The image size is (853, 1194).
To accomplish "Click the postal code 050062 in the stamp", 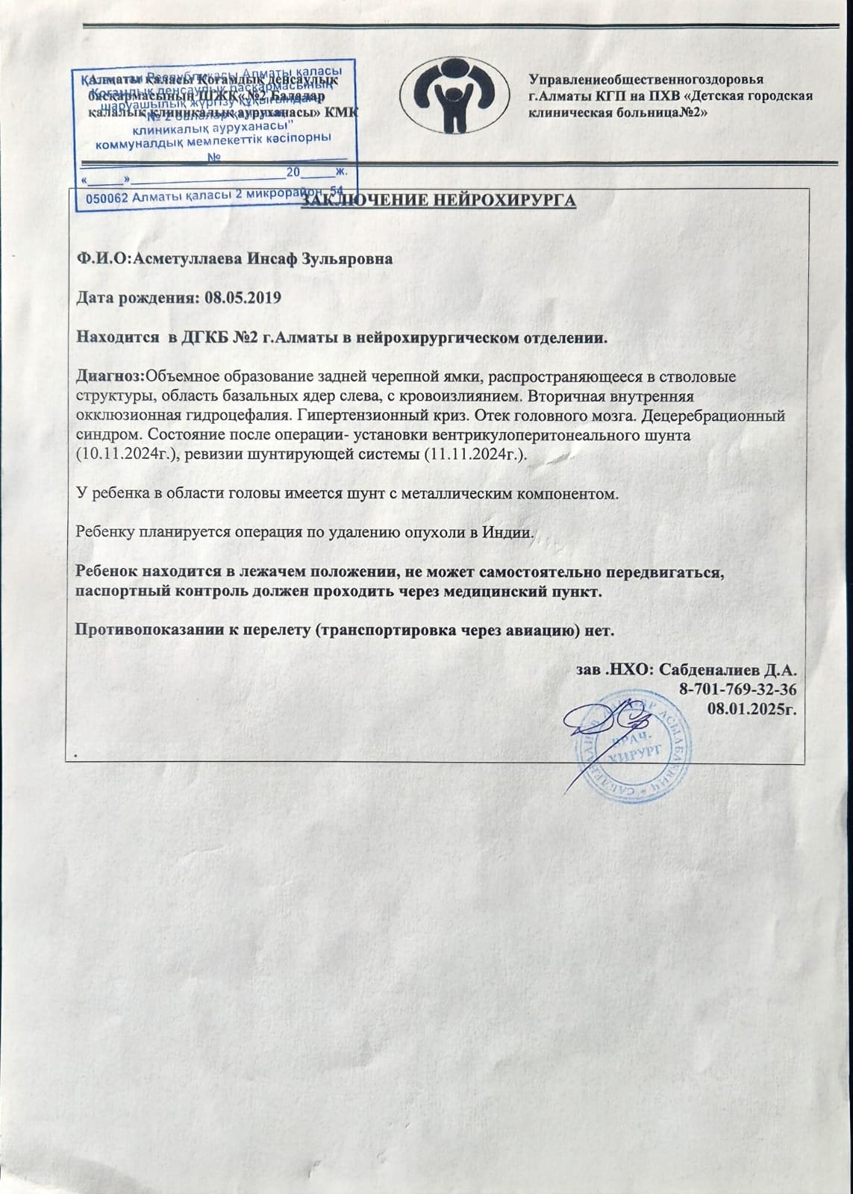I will [109, 198].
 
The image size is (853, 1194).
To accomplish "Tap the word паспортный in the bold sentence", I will [118, 592].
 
